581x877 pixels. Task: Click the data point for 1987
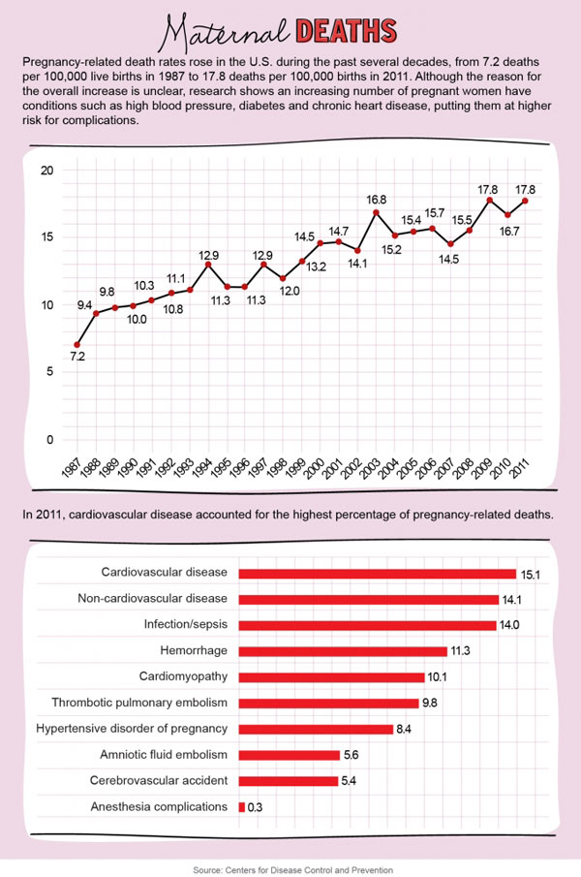[x=76, y=344]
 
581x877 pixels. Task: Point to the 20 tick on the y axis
[x=46, y=171]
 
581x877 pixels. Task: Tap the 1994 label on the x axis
[x=205, y=468]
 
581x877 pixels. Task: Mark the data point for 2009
[x=490, y=200]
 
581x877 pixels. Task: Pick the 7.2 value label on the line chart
[x=76, y=358]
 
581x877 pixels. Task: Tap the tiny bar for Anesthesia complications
[x=241, y=806]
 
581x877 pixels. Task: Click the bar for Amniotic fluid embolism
[x=289, y=755]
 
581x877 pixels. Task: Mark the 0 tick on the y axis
[x=47, y=440]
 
